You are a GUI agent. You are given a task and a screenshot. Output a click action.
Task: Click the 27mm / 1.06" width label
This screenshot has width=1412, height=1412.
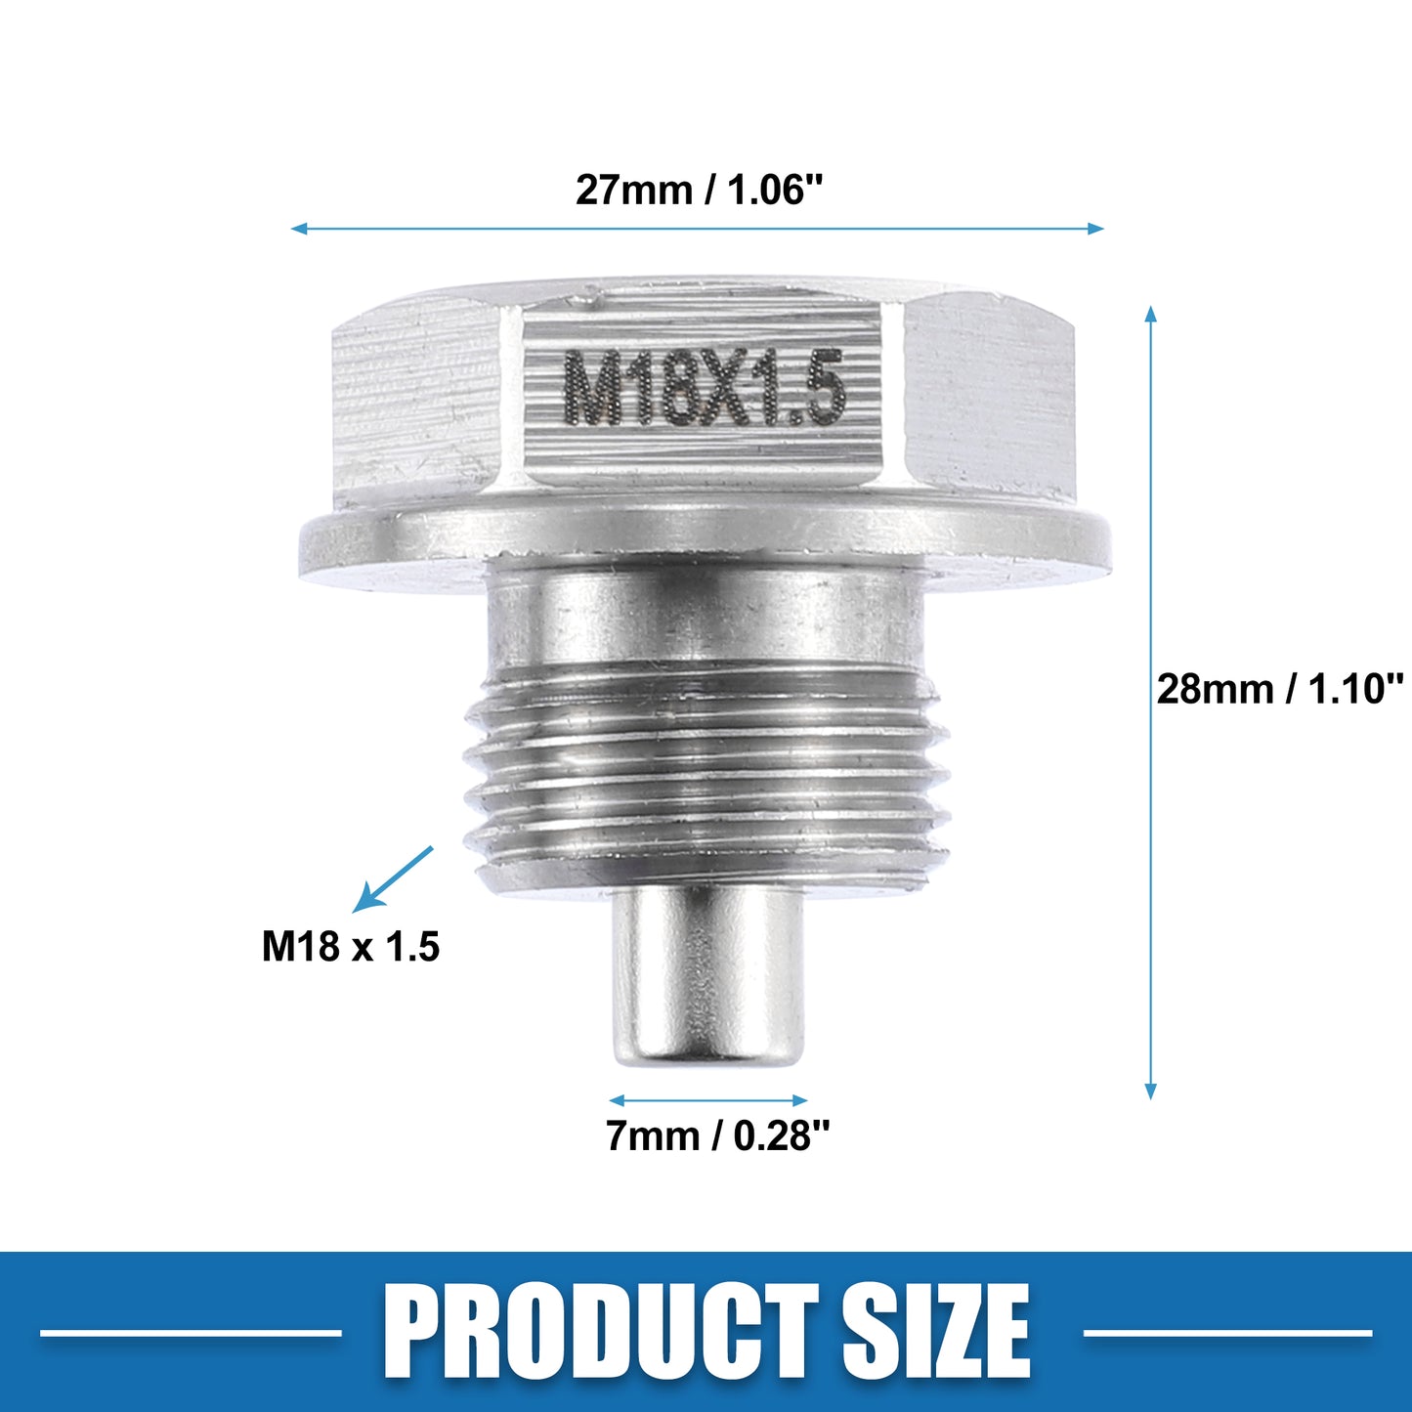pyautogui.click(x=699, y=190)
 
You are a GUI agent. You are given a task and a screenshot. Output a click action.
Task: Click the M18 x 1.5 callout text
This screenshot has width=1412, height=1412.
pyautogui.click(x=350, y=946)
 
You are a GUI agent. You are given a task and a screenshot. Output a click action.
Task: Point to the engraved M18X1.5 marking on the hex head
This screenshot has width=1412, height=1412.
pyautogui.click(x=704, y=388)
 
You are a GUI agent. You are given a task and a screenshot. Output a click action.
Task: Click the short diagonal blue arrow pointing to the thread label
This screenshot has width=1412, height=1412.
pyautogui.click(x=393, y=879)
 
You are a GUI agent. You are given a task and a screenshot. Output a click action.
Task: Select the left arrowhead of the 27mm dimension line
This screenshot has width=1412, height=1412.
pyautogui.click(x=299, y=229)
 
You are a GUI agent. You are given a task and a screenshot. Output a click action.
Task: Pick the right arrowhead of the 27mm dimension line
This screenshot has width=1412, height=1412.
pyautogui.click(x=1095, y=229)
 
